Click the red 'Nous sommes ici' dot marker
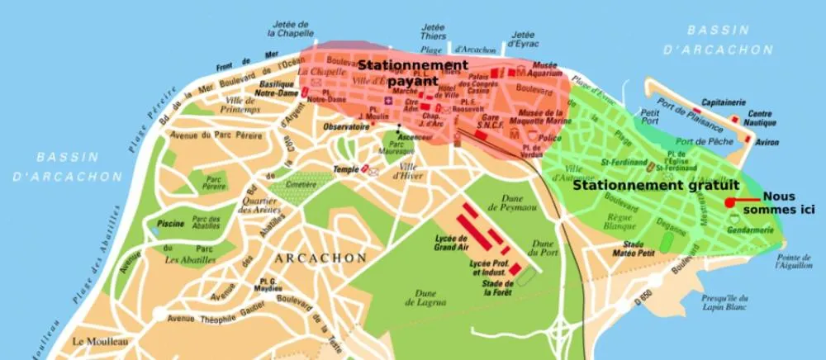point(729,202)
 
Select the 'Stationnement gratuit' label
point(656,186)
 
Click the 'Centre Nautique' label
point(760,118)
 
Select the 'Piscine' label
point(169,223)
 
